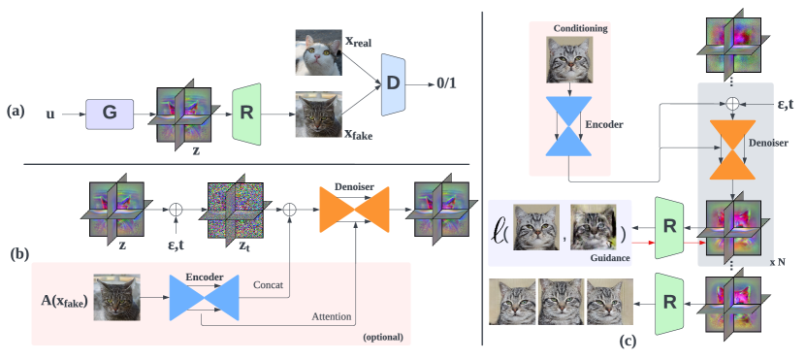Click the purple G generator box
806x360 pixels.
point(108,114)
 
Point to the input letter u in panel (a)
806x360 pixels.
point(49,114)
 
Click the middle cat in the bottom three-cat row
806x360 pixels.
point(564,303)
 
